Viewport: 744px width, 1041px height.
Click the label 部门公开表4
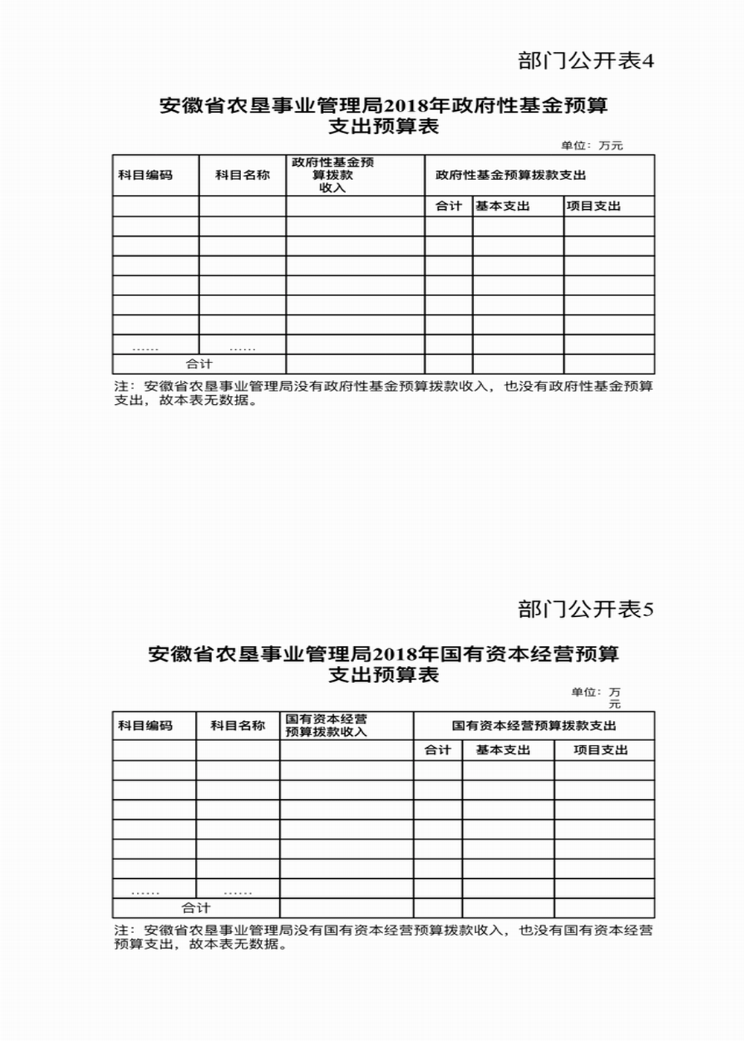click(x=586, y=61)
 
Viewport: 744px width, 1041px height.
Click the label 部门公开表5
click(x=586, y=609)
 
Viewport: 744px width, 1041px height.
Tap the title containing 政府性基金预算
click(x=383, y=115)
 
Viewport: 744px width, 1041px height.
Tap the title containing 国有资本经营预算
click(x=383, y=664)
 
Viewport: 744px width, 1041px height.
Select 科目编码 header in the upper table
click(x=145, y=176)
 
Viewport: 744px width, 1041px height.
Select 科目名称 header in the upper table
click(x=243, y=176)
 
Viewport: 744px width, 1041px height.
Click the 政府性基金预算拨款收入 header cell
click(x=333, y=175)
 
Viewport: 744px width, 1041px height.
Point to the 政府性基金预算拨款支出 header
click(x=511, y=176)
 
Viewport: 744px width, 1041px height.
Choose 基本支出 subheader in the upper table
click(x=503, y=206)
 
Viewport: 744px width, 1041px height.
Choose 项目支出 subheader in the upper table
click(x=593, y=206)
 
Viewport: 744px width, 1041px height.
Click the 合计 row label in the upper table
click(x=199, y=364)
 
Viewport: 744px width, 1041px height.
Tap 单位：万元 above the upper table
click(x=591, y=146)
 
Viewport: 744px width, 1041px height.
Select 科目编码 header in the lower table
click(x=145, y=726)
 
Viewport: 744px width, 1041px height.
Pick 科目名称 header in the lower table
click(x=238, y=726)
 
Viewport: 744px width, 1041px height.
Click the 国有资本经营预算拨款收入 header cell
click(x=326, y=726)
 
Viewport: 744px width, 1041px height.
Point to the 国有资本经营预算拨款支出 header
click(x=534, y=726)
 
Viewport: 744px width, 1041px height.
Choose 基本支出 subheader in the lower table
click(x=503, y=750)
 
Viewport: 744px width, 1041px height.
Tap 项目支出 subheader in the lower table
click(x=600, y=750)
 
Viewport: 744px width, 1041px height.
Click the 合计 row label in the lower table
click(x=196, y=908)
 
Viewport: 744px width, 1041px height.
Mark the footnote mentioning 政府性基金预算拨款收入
click(x=383, y=393)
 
